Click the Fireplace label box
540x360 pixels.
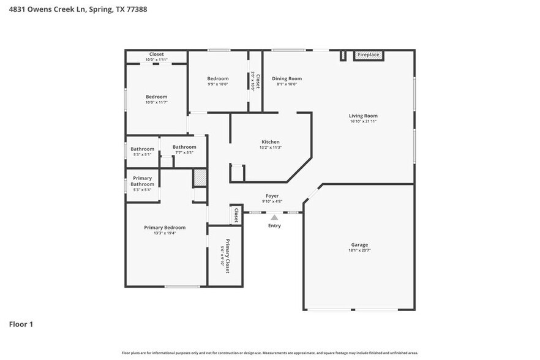coord(369,55)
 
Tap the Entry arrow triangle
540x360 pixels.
coord(274,217)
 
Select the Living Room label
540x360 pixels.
coord(363,116)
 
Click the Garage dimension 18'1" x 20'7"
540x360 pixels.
coord(359,250)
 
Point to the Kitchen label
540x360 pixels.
coord(270,142)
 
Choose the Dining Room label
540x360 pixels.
coord(287,78)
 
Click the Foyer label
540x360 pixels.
coord(272,196)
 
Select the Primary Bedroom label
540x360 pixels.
coord(165,228)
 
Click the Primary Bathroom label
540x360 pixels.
coord(142,181)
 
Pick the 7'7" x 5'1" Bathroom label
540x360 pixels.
coord(184,147)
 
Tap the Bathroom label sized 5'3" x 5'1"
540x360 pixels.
coord(142,149)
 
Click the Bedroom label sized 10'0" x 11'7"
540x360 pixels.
coord(156,97)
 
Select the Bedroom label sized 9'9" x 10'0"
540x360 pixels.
coord(217,78)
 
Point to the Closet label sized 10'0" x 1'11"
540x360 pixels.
coord(156,54)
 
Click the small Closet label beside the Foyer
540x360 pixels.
coord(236,214)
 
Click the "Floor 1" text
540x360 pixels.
coord(21,324)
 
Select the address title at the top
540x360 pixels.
coord(77,9)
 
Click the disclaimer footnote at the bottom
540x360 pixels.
coord(269,353)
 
